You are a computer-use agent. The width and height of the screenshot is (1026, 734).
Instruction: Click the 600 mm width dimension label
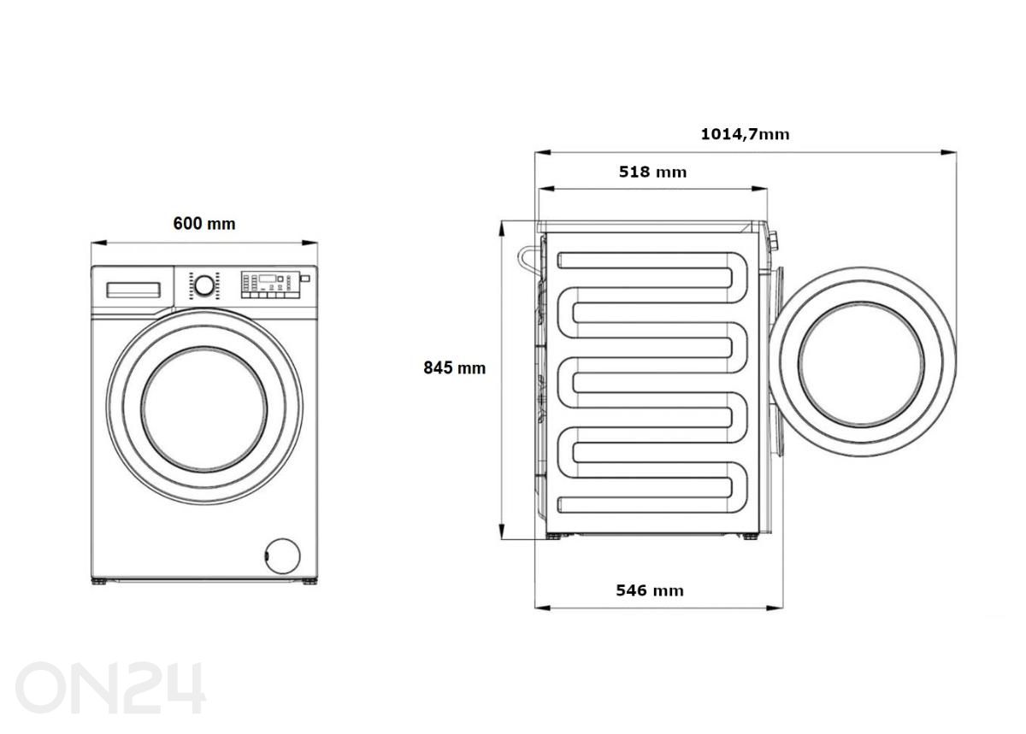click(x=204, y=224)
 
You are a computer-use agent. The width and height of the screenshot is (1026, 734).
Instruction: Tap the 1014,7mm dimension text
click(x=745, y=134)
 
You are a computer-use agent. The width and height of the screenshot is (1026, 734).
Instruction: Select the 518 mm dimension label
click(x=652, y=172)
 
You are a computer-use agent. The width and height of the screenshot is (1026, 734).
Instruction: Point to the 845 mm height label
click(x=454, y=368)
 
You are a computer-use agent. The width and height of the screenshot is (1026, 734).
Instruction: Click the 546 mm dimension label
click(x=650, y=590)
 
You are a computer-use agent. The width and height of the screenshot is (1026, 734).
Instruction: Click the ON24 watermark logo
click(x=111, y=687)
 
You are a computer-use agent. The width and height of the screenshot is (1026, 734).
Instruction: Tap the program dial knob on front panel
click(x=203, y=285)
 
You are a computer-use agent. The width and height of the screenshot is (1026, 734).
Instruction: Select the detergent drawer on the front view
click(x=134, y=289)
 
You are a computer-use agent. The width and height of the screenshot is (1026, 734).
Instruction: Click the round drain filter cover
click(x=283, y=555)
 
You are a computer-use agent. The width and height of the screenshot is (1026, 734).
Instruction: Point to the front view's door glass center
click(x=204, y=405)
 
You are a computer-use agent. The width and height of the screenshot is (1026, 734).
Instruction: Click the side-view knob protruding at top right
click(x=773, y=241)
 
